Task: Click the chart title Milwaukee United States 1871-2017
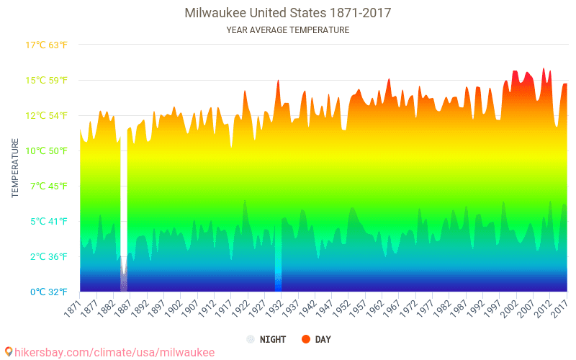[x=288, y=13]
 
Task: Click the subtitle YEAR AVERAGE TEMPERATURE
[x=288, y=30]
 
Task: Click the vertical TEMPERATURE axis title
[x=15, y=168]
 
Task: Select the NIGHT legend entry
[x=268, y=339]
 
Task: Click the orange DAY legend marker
[x=305, y=339]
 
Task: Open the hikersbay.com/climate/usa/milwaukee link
[x=114, y=352]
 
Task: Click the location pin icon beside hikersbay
[x=9, y=352]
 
